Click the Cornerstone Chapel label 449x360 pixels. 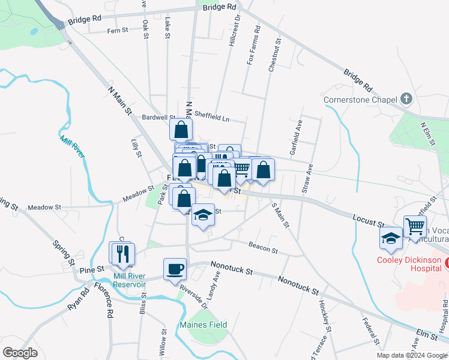[x=360, y=100]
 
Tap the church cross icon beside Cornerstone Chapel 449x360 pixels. [x=406, y=98]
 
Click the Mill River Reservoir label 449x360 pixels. [x=130, y=280]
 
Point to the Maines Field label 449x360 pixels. [x=203, y=325]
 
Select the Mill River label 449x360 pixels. [x=72, y=146]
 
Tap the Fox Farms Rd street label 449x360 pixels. [x=253, y=45]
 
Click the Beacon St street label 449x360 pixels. [x=263, y=248]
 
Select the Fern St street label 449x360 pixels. [x=118, y=30]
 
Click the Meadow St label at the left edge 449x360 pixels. [x=45, y=207]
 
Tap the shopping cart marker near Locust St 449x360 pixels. [x=415, y=227]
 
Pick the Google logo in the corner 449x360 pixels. [x=20, y=353]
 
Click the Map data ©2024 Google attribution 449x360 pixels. [x=412, y=355]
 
